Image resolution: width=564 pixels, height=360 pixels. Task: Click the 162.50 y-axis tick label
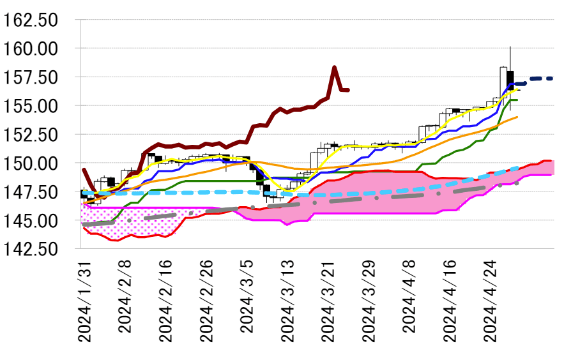point(30,20)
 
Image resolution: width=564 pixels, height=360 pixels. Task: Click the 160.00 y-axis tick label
point(30,49)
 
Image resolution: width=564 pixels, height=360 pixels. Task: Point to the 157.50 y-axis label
point(30,77)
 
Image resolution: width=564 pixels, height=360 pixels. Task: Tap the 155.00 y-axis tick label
point(30,106)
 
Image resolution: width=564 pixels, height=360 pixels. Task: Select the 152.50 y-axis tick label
point(30,135)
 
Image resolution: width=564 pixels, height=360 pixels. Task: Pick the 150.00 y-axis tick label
point(30,163)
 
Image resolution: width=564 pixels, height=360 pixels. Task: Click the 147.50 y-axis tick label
point(30,192)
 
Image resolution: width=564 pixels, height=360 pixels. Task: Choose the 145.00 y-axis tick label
point(30,221)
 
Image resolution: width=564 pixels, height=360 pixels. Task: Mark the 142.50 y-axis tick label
point(30,250)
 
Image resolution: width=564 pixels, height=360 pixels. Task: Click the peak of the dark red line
point(334,67)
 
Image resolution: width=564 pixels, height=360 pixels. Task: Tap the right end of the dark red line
point(347,90)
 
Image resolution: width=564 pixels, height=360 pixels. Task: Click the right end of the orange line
point(517,117)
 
